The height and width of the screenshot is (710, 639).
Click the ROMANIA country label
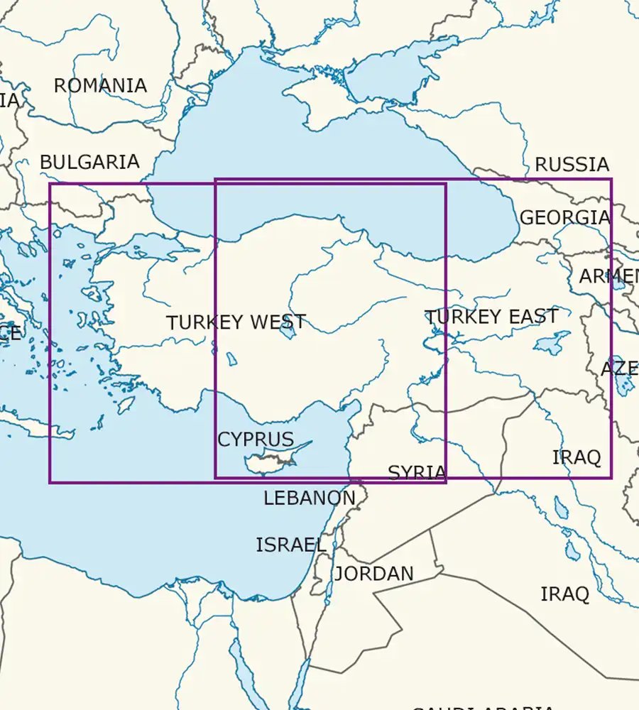tap(100, 86)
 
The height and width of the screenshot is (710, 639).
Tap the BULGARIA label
tap(89, 162)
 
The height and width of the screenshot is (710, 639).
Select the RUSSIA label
tap(572, 165)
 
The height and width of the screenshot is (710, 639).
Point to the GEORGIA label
tap(564, 217)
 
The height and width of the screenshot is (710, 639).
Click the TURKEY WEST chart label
tap(236, 322)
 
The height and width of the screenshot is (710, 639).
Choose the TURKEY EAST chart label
tap(491, 317)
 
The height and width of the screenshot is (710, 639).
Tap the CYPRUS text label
tap(255, 439)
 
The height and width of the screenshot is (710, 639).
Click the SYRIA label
tap(417, 473)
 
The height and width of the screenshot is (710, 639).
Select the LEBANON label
tap(309, 498)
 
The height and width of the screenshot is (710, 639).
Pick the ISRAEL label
tap(291, 545)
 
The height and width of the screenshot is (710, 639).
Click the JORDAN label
tap(373, 574)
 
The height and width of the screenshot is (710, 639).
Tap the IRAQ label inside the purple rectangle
tap(577, 457)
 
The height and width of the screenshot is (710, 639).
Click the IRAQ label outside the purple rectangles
tap(564, 594)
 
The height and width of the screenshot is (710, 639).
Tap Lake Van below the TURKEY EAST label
tap(550, 344)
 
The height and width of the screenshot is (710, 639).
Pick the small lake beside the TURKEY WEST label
tap(288, 329)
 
